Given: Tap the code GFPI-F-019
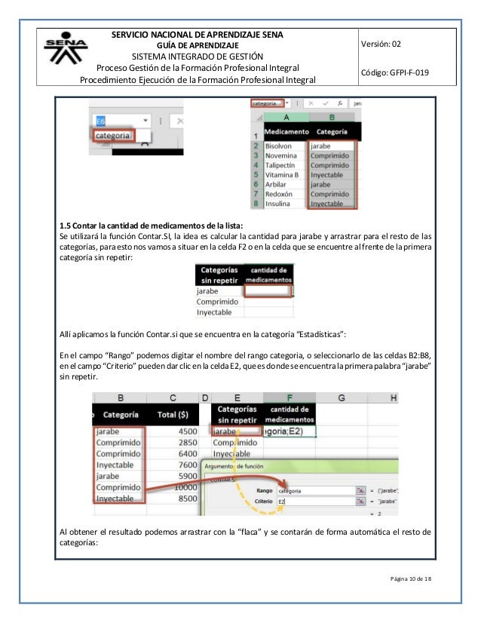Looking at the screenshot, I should (x=403, y=72).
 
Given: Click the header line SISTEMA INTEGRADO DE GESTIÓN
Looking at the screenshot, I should (x=198, y=56).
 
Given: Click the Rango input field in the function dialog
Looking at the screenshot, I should (x=314, y=489).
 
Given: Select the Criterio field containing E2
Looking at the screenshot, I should (x=314, y=501).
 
